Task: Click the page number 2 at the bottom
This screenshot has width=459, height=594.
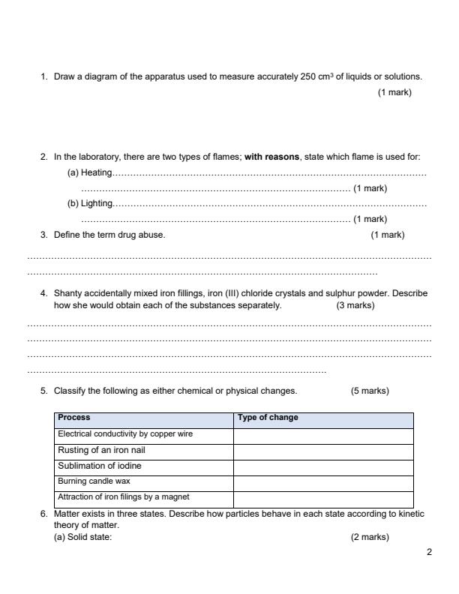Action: tap(429, 553)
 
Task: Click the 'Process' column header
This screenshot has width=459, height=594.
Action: tap(74, 418)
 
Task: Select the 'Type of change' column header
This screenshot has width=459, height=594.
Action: tap(268, 418)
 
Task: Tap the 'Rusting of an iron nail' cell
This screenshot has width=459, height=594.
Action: tap(101, 451)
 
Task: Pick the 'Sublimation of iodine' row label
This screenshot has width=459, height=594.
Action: tap(100, 466)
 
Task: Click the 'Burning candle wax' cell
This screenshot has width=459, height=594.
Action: tap(94, 481)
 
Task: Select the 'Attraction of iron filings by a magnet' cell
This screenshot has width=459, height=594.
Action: tap(124, 497)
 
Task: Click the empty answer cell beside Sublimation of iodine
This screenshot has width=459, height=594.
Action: tap(323, 466)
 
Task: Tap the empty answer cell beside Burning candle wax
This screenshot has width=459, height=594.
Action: tap(323, 482)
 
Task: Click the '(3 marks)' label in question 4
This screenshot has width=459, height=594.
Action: tap(355, 305)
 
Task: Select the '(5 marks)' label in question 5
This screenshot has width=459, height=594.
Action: tap(370, 391)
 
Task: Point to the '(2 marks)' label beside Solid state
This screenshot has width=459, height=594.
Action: tap(370, 536)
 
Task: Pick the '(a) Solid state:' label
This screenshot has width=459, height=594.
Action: tap(82, 536)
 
